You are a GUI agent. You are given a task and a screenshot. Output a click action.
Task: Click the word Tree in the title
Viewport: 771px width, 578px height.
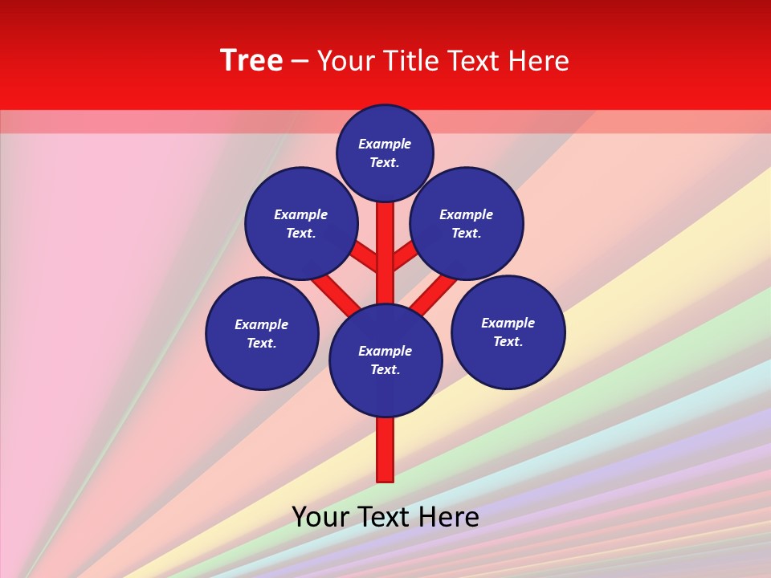[x=251, y=61]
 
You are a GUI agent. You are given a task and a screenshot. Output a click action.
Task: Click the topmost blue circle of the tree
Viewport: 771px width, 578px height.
[x=385, y=153]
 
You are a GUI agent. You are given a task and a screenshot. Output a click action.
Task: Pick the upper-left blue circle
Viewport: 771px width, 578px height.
[x=301, y=223]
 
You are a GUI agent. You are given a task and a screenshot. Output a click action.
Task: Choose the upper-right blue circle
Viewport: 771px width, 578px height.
[x=467, y=223]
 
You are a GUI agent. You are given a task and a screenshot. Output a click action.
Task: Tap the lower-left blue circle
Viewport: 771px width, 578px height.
[x=262, y=333]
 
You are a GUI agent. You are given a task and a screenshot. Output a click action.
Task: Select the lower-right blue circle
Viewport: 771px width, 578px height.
[x=508, y=332]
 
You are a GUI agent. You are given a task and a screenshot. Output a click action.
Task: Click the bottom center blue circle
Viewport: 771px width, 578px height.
[x=385, y=360]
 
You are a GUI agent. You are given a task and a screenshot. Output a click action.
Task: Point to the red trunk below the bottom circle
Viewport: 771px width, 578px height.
[x=385, y=450]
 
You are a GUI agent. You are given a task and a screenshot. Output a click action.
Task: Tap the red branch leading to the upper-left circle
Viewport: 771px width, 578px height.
[x=363, y=256]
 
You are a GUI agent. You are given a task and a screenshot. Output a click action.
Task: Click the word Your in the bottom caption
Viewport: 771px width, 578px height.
[x=320, y=517]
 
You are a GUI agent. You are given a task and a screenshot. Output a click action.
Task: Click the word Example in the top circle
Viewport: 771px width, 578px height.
[x=385, y=144]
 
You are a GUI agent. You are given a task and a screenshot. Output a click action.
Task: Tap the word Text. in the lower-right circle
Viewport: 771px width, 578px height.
[x=508, y=341]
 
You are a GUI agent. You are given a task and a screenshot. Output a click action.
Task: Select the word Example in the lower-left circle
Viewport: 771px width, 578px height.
[x=262, y=324]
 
